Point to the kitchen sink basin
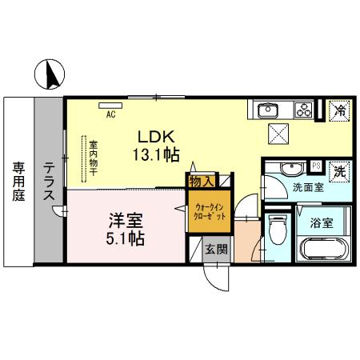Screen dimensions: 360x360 pyautogui.click(x=266, y=109)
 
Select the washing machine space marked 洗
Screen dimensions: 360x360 pyautogui.click(x=339, y=171)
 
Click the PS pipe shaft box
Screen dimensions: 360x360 pyautogui.click(x=315, y=166)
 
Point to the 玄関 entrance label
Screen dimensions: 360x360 pyautogui.click(x=214, y=249)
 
